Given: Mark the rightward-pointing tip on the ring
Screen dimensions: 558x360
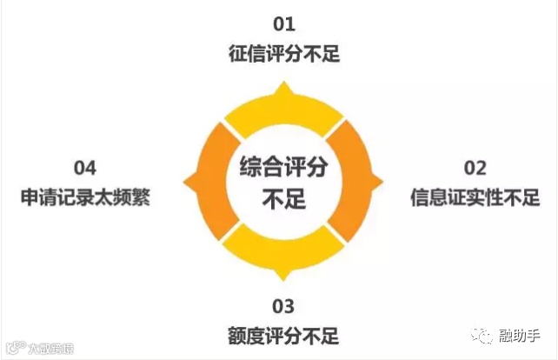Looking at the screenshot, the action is point(380,181).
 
